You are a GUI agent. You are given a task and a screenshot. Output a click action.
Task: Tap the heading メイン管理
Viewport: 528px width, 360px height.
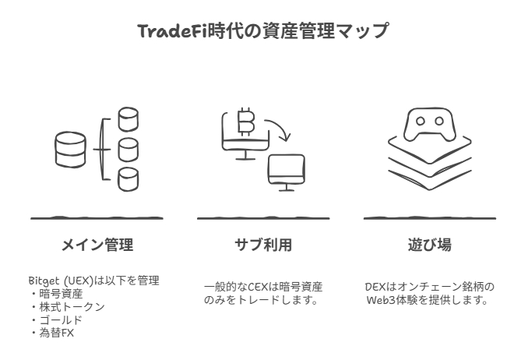pyautogui.click(x=97, y=245)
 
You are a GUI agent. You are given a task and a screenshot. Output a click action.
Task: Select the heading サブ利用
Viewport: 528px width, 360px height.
pyautogui.click(x=263, y=245)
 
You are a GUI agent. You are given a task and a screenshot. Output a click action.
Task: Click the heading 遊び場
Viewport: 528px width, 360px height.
pyautogui.click(x=430, y=245)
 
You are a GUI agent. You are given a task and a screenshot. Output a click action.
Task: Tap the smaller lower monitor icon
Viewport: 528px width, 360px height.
pyautogui.click(x=286, y=171)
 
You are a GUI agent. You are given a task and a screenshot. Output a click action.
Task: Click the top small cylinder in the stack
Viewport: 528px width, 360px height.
pyautogui.click(x=128, y=119)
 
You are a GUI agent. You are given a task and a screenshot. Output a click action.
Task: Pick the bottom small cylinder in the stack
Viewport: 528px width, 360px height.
pyautogui.click(x=128, y=178)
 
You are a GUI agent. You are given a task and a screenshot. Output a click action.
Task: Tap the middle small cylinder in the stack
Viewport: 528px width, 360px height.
pyautogui.click(x=128, y=148)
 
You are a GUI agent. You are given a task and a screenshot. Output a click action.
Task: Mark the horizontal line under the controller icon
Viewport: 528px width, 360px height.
pyautogui.click(x=430, y=218)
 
